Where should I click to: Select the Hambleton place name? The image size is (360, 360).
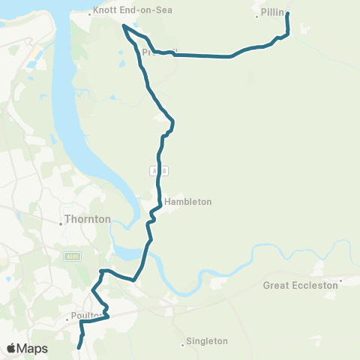189,202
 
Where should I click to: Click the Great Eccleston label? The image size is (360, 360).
300,285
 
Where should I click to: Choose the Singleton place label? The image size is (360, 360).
208,341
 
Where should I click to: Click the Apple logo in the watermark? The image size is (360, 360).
12,348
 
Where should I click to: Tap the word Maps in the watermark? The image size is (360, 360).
33,348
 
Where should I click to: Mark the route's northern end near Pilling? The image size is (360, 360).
287,13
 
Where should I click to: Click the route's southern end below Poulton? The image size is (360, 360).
79,347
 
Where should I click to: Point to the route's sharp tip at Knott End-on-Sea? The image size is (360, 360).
123,26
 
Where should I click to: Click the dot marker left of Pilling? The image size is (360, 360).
256,16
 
